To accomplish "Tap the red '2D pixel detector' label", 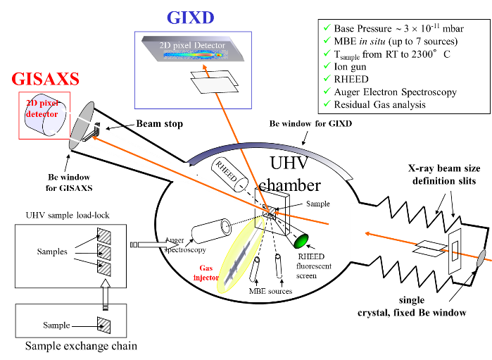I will click(43, 108).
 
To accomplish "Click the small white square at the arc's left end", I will click(179, 171).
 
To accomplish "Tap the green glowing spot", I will click(301, 242).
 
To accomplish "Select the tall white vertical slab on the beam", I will click(358, 232).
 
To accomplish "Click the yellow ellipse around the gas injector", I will click(241, 256).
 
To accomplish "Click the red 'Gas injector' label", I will click(205, 273).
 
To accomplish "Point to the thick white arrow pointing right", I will click(157, 244).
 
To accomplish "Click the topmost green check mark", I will click(327, 27).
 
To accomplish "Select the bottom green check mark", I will click(327, 104).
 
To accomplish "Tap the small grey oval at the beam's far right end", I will click(481, 259).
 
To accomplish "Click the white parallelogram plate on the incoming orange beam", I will click(431, 246).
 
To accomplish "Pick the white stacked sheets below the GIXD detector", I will click(215, 82).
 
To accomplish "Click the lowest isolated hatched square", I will click(104, 325).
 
